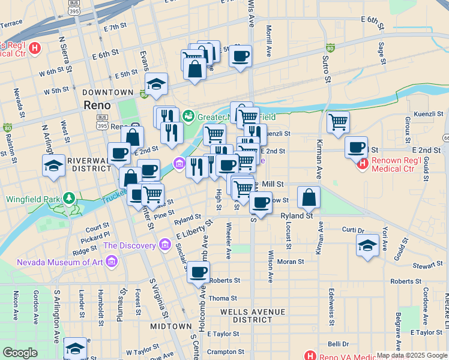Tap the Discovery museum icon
click(164, 245)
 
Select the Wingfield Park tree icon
click(70, 198)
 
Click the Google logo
click(20, 353)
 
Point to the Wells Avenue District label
click(252, 312)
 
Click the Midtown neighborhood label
click(170, 326)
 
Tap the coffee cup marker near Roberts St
click(199, 273)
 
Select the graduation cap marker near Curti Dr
click(367, 245)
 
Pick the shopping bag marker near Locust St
click(309, 197)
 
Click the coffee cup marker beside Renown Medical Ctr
click(357, 147)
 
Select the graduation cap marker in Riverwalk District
click(53, 165)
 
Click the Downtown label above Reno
click(107, 92)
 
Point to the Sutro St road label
click(328, 69)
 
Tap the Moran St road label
click(291, 262)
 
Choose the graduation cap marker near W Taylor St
click(76, 348)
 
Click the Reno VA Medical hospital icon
click(310, 356)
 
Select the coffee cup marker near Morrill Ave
click(240, 56)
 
